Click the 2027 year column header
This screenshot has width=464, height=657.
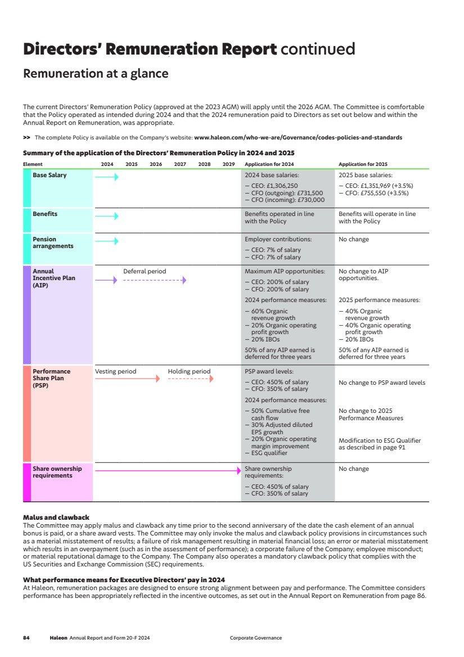point(180,164)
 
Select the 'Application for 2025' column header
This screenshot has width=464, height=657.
point(363,164)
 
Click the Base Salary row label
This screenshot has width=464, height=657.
point(49,175)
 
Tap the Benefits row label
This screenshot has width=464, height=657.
point(45,214)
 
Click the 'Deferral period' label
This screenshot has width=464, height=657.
point(145,271)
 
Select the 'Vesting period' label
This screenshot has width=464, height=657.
point(115,371)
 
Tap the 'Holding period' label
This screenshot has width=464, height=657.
point(189,371)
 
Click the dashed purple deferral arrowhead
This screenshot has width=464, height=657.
point(184,280)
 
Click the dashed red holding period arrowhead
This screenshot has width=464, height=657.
point(211,379)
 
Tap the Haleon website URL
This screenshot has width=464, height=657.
point(298,137)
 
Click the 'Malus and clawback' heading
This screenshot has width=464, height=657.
point(56,517)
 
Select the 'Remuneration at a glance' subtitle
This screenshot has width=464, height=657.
point(96,74)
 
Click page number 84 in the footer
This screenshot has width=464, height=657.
point(26,638)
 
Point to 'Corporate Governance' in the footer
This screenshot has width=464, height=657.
point(256,638)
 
